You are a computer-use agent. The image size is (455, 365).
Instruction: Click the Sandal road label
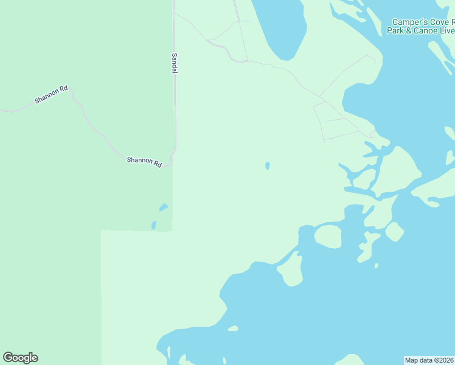pyautogui.click(x=175, y=63)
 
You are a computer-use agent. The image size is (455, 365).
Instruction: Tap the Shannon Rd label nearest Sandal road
pyautogui.click(x=144, y=162)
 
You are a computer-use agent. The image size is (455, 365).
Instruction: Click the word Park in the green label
pyautogui.click(x=395, y=30)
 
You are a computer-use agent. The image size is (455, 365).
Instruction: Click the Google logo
pyautogui.click(x=20, y=358)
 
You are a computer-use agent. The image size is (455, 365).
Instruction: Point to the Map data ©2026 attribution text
pyautogui.click(x=429, y=360)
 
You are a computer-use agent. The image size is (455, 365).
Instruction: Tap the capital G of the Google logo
pyautogui.click(x=9, y=358)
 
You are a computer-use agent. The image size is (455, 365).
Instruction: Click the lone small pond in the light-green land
pyautogui.click(x=268, y=165)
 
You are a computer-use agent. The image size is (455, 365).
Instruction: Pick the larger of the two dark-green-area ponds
pyautogui.click(x=163, y=207)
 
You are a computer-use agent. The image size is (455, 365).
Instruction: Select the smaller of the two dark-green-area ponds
pyautogui.click(x=154, y=225)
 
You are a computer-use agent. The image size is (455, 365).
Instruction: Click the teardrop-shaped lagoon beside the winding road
pyautogui.click(x=280, y=27)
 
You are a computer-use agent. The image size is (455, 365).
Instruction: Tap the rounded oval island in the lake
pyautogui.click(x=328, y=236)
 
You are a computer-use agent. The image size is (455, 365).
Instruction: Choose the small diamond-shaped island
pyautogui.click(x=394, y=232)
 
